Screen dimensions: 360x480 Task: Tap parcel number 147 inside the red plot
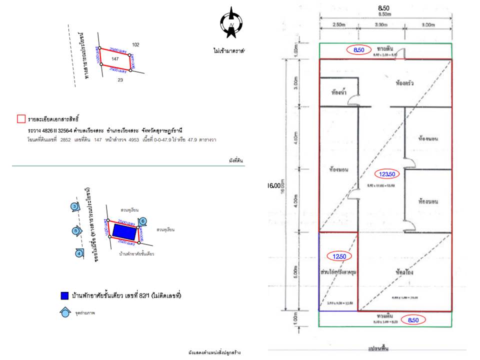[115, 59]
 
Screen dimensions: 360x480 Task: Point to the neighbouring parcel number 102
[135, 45]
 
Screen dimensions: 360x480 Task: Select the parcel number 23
[120, 79]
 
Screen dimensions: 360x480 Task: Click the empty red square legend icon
[21, 119]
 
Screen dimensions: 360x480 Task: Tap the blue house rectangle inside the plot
[123, 231]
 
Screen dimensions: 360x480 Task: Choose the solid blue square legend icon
[63, 296]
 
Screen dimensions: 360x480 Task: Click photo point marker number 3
[74, 206]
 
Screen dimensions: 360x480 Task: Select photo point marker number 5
[75, 231]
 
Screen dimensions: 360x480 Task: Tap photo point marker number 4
[79, 253]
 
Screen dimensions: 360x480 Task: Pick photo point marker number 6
[142, 221]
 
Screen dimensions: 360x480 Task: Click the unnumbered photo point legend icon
[64, 312]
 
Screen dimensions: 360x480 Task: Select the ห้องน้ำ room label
[340, 93]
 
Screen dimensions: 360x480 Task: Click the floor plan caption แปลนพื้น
[378, 347]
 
